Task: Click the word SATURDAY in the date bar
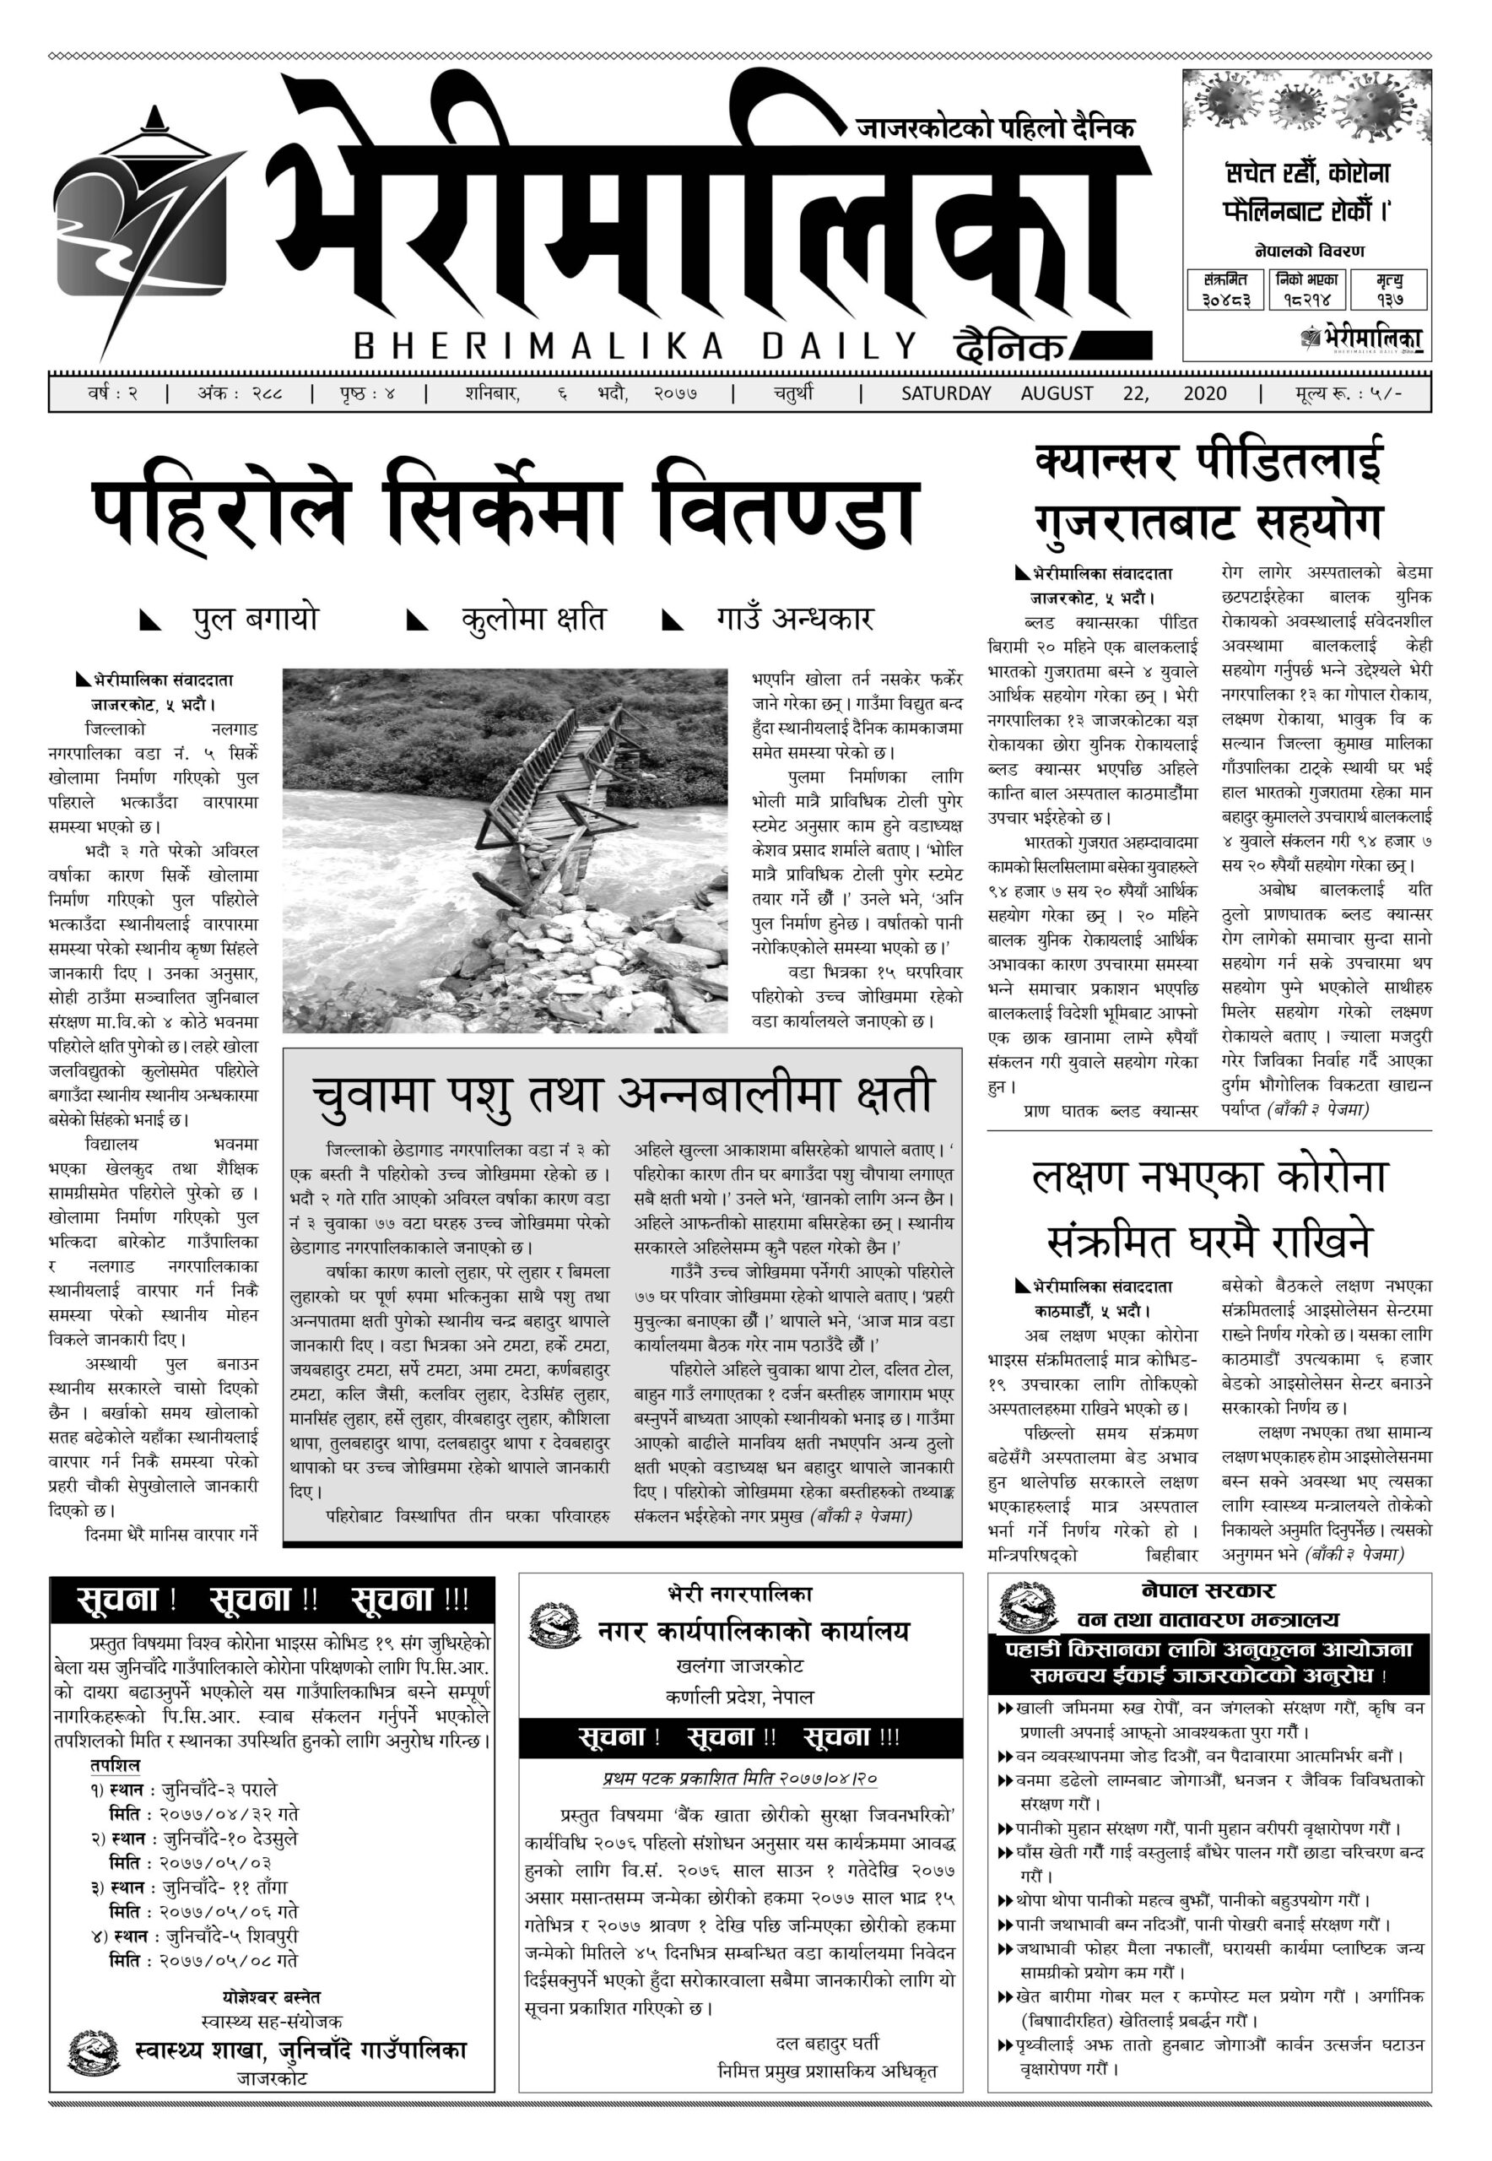[x=945, y=393]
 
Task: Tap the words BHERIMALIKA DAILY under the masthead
[x=635, y=347]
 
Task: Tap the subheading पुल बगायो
[x=255, y=619]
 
